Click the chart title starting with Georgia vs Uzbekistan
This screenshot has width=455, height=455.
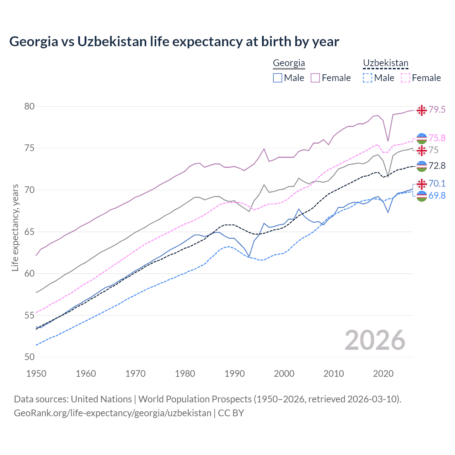click(174, 42)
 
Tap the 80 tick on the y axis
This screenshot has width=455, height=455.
click(30, 107)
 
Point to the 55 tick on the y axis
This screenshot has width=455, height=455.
click(30, 315)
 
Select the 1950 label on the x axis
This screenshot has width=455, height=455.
click(36, 374)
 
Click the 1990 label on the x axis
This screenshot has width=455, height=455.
click(235, 374)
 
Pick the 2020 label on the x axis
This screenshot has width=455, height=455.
click(383, 374)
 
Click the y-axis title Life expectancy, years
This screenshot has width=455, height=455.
click(15, 227)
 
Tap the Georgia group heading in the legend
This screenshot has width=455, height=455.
click(289, 63)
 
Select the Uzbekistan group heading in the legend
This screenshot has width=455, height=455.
click(385, 63)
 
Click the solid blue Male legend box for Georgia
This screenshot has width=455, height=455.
click(278, 78)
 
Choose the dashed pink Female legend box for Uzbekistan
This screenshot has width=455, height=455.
click(406, 78)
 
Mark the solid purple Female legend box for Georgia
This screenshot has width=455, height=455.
click(315, 78)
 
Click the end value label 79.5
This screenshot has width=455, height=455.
click(437, 110)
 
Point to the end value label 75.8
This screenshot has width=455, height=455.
click(437, 138)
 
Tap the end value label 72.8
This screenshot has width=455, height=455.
click(437, 166)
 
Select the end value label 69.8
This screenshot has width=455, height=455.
click(437, 196)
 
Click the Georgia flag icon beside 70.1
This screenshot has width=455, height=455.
click(422, 184)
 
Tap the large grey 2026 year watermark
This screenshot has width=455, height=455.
click(375, 340)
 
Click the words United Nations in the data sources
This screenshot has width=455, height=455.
click(101, 399)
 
